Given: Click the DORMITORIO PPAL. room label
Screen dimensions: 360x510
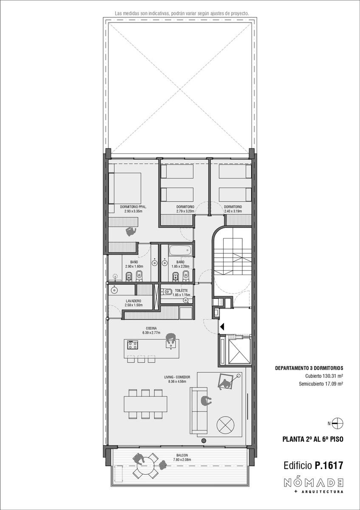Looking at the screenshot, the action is (x=133, y=207).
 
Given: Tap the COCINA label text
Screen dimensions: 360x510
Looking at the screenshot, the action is (x=151, y=328).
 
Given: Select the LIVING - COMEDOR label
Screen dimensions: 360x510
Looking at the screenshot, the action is (x=177, y=377).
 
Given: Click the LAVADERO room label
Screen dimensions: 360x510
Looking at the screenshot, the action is (x=133, y=301).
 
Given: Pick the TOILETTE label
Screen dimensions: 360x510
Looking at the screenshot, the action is (x=181, y=291).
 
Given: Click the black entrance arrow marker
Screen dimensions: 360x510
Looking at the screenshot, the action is (x=222, y=327).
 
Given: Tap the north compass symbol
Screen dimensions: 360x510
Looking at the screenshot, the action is (x=337, y=423).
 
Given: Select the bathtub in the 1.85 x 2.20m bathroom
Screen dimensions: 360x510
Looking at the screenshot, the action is (x=180, y=251).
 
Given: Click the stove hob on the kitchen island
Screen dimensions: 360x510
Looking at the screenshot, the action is (x=133, y=345).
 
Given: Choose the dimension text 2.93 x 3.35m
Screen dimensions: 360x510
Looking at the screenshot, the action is (x=133, y=211).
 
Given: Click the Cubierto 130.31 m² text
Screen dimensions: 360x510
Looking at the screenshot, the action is (x=324, y=376).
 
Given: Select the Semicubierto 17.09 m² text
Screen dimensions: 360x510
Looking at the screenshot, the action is (x=321, y=384).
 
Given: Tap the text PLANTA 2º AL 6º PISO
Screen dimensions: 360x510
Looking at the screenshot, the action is (x=313, y=439).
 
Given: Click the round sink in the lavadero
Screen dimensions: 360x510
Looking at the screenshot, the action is (x=114, y=290).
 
